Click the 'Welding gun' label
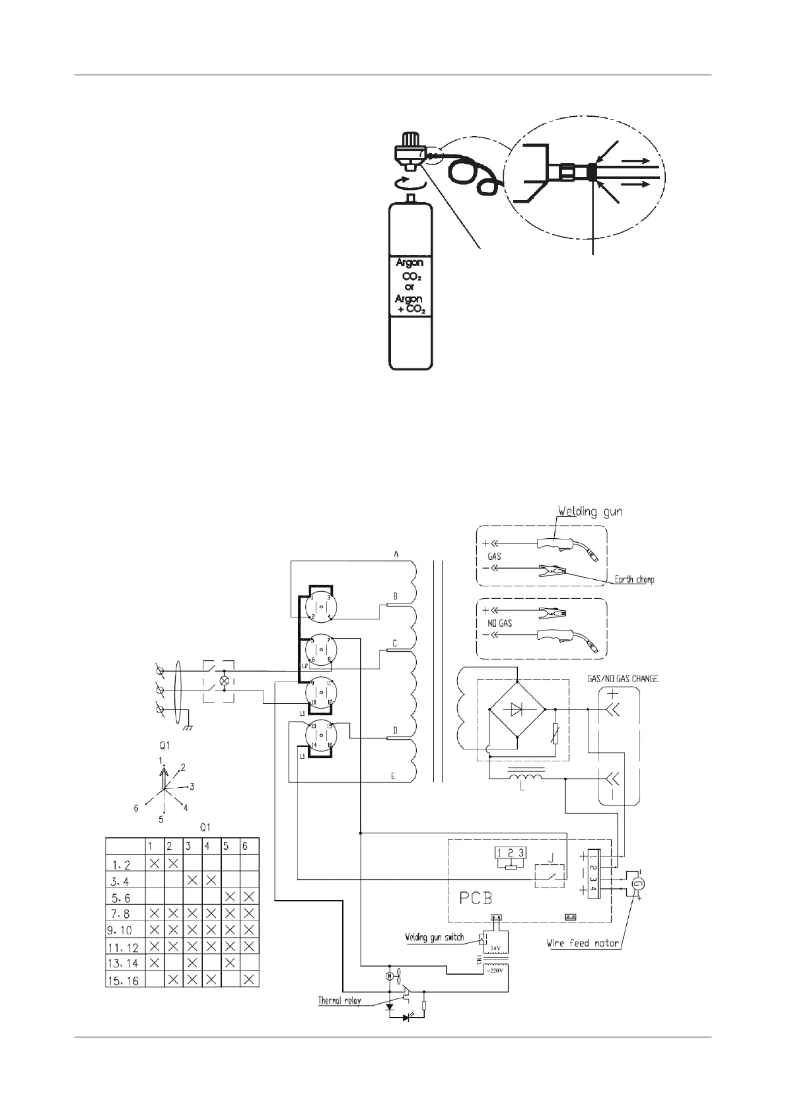pyautogui.click(x=590, y=512)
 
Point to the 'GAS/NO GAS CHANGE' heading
pyautogui.click(x=622, y=678)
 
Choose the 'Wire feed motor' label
pyautogui.click(x=583, y=943)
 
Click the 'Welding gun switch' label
pyautogui.click(x=434, y=937)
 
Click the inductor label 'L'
pyautogui.click(x=522, y=788)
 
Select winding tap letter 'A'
pyautogui.click(x=396, y=555)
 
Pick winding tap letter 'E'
pyautogui.click(x=393, y=776)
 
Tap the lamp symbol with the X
pyautogui.click(x=224, y=680)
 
